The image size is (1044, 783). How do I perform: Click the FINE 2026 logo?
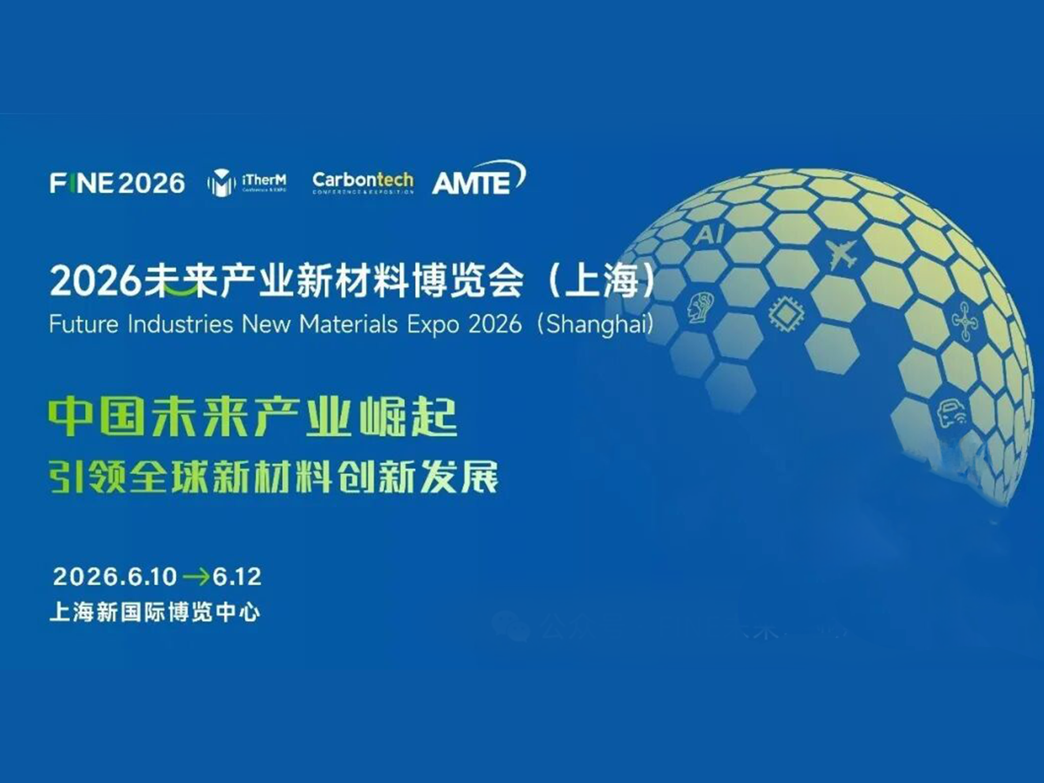coord(117,183)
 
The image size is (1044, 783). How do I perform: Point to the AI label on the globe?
coord(708,234)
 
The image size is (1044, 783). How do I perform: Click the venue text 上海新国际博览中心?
coord(154,613)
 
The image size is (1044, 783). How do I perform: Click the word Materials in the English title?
coord(348,325)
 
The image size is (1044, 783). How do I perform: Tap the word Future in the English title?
coord(83,325)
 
